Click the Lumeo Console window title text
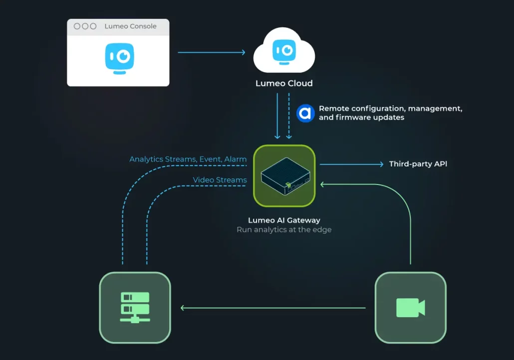[x=130, y=26]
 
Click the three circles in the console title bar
[x=85, y=26]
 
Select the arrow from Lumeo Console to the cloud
[x=212, y=52]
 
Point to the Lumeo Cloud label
[x=284, y=83]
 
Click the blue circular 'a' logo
[x=305, y=113]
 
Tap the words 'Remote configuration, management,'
[x=390, y=109]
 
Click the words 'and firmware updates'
[x=361, y=118]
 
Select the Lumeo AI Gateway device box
[x=284, y=176]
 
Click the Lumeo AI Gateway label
[x=284, y=220]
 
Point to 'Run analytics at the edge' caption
[x=284, y=230]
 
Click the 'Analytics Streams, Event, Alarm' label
[x=188, y=160]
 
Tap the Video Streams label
[x=220, y=180]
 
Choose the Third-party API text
[x=418, y=164]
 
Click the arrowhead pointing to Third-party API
[x=381, y=164]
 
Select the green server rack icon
[x=135, y=307]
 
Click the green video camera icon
[x=410, y=307]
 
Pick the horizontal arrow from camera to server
[x=273, y=308]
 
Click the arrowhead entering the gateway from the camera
[x=323, y=184]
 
